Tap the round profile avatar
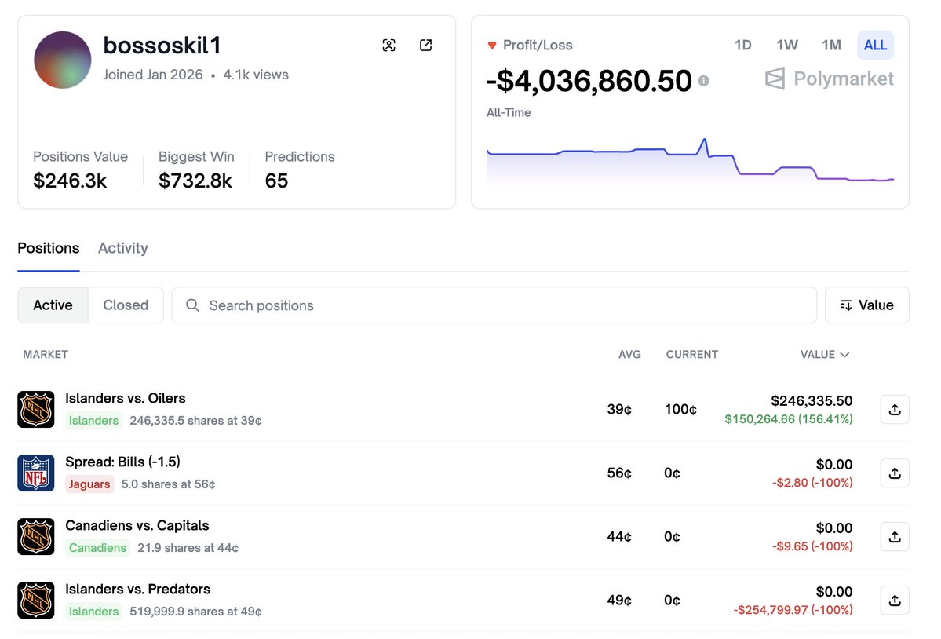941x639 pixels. pyautogui.click(x=63, y=60)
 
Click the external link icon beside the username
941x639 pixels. pyautogui.click(x=425, y=46)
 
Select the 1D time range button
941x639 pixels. pyautogui.click(x=742, y=45)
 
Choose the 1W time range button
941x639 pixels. pyautogui.click(x=787, y=45)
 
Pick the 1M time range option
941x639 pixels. pyautogui.click(x=831, y=45)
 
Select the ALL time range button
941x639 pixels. pyautogui.click(x=875, y=45)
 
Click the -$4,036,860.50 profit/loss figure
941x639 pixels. pyautogui.click(x=589, y=80)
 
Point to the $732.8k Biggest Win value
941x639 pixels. pyautogui.click(x=195, y=181)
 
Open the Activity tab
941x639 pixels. pyautogui.click(x=123, y=248)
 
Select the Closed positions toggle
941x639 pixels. pyautogui.click(x=126, y=305)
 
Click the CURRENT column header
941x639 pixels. pyautogui.click(x=691, y=355)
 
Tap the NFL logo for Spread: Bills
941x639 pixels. pyautogui.click(x=36, y=473)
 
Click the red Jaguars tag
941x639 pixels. pyautogui.click(x=89, y=484)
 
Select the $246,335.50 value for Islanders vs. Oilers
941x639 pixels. pyautogui.click(x=812, y=401)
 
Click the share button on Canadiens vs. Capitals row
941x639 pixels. pyautogui.click(x=895, y=537)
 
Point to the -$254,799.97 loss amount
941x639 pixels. pyautogui.click(x=793, y=610)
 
